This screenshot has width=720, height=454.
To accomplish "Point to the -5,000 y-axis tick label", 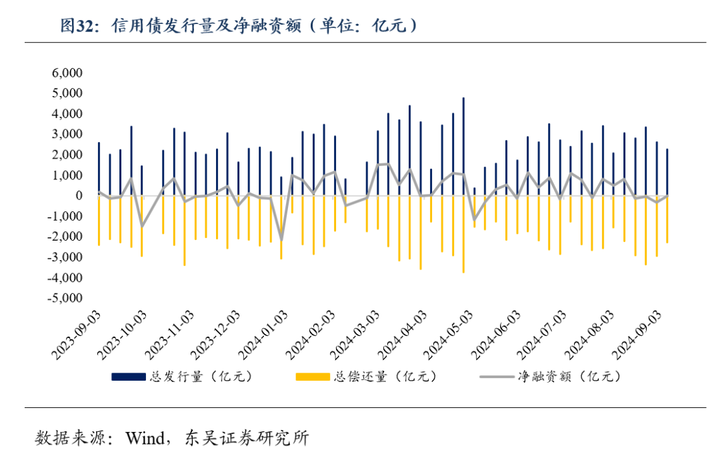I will [65, 298].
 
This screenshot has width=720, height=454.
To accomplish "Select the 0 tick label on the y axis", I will [78, 196].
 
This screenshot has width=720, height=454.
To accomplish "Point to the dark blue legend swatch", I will [129, 377].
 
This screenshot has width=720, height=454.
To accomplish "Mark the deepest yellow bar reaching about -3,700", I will [463, 267].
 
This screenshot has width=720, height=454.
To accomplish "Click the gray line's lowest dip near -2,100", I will [281, 239].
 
